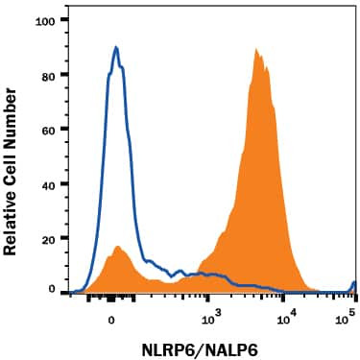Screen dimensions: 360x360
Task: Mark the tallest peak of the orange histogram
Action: [x=256, y=49]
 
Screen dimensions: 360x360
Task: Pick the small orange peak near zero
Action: [x=118, y=247]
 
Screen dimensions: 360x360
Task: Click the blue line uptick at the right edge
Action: [x=354, y=283]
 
